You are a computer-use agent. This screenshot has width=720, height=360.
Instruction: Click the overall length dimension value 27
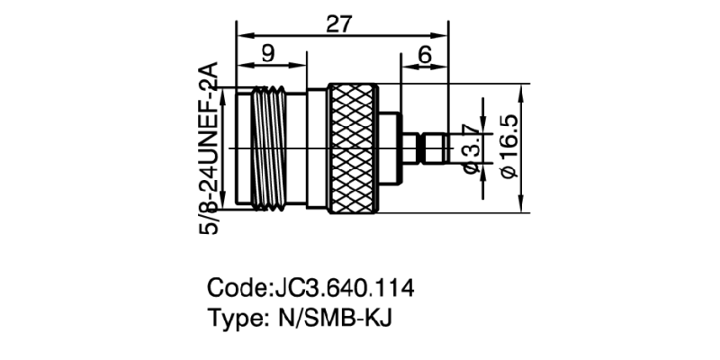pos(339,24)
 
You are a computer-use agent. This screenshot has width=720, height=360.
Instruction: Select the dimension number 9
pos(268,53)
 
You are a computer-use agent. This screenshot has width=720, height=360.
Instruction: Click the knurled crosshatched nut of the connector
pos(354,148)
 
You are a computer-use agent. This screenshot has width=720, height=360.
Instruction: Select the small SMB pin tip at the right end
pos(434,148)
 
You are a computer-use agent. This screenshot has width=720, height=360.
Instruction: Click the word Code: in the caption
pos(237,290)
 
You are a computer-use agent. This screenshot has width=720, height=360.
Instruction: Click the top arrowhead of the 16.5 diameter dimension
pos(521,89)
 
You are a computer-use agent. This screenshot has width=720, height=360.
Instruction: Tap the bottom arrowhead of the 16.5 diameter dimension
pos(521,208)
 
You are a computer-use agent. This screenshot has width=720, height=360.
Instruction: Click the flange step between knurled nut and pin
pos(390,148)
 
